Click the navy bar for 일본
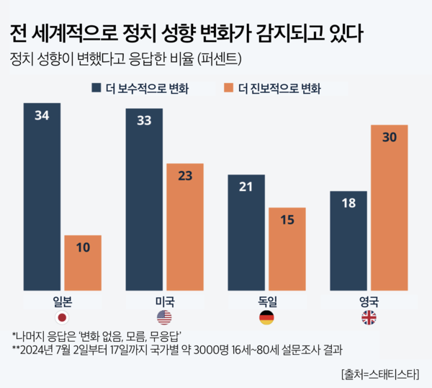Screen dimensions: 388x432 click(42, 198)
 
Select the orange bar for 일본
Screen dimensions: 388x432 click(82, 264)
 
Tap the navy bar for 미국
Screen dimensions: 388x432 click(144, 201)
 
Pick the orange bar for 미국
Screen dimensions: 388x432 click(185, 228)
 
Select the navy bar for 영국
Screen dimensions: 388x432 click(348, 242)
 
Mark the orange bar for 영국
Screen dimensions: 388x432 click(390, 208)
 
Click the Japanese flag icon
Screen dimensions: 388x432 click(62, 317)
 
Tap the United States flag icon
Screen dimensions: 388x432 click(165, 317)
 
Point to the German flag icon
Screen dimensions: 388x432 click(266, 317)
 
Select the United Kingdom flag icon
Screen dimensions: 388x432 click(369, 317)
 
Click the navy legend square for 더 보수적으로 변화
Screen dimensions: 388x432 click(96, 88)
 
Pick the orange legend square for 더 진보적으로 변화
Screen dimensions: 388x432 click(230, 88)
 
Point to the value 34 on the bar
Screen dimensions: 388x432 click(42, 115)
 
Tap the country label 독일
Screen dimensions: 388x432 click(266, 301)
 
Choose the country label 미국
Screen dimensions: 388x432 click(165, 301)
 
